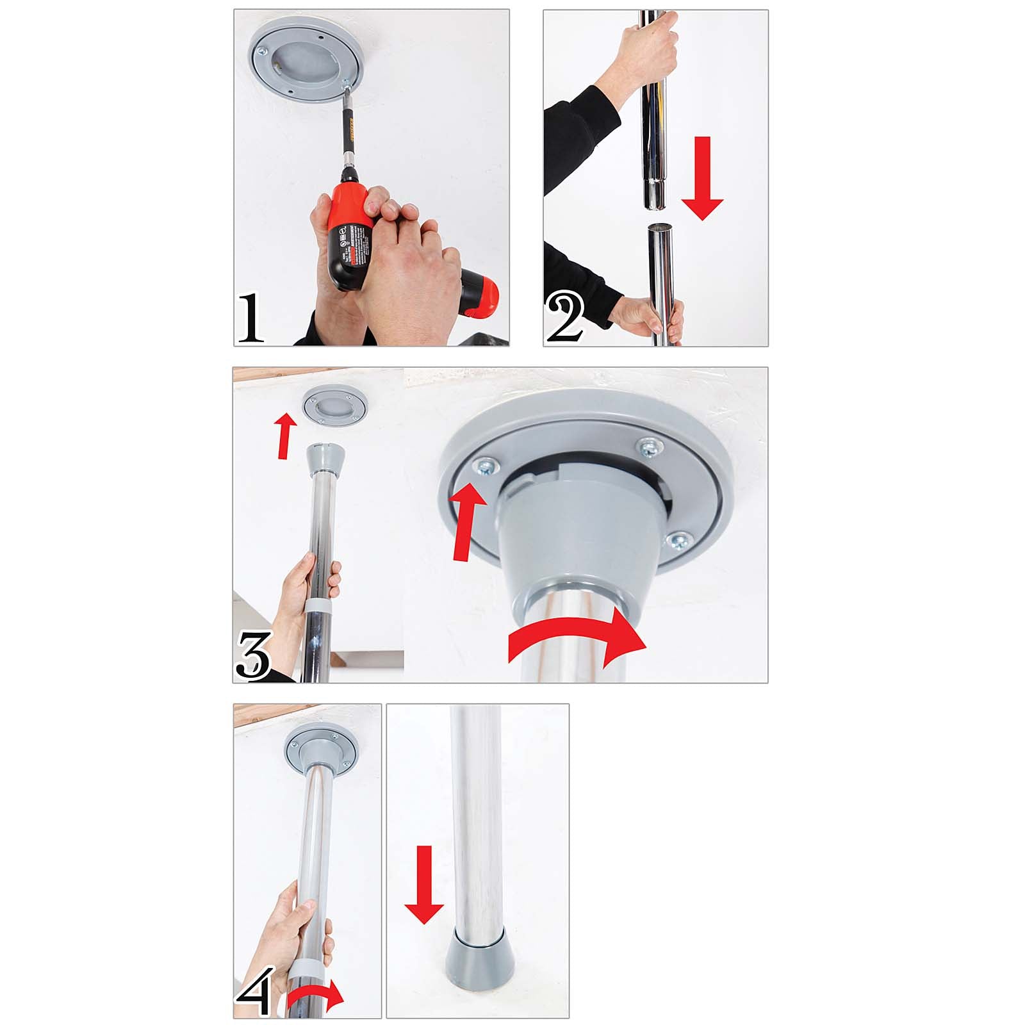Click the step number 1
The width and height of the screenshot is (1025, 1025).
click(250, 318)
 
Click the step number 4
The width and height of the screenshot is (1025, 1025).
click(257, 991)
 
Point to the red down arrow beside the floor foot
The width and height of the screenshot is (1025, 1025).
click(423, 885)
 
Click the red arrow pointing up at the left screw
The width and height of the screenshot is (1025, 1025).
click(465, 523)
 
